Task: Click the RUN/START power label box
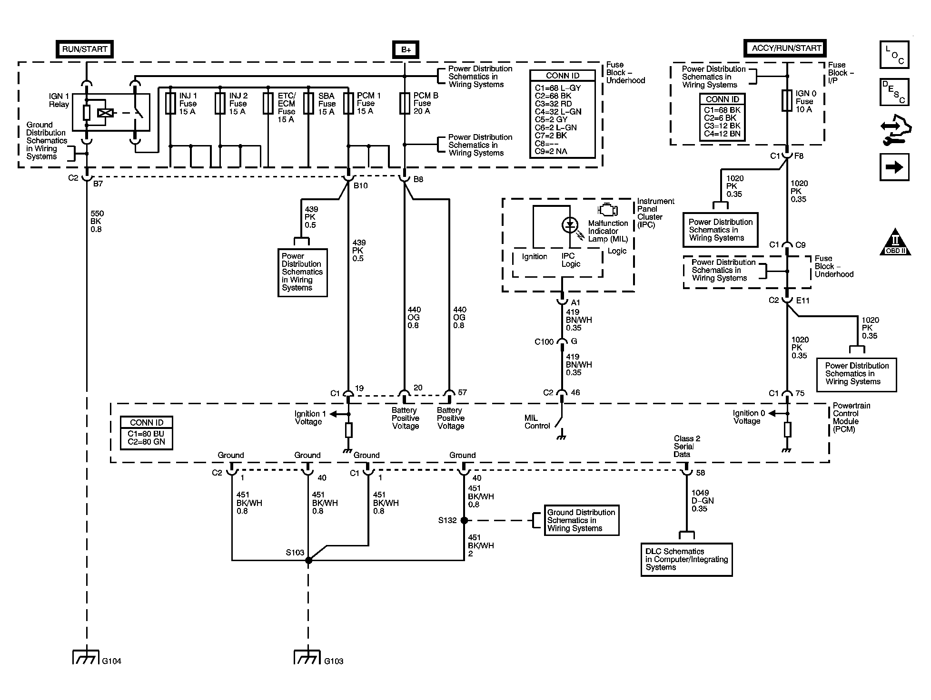click(x=85, y=49)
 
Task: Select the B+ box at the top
click(x=406, y=49)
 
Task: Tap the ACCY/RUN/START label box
click(x=785, y=48)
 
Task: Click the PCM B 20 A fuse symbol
click(x=405, y=103)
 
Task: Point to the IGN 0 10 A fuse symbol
click(x=787, y=101)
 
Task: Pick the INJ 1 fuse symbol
click(x=170, y=103)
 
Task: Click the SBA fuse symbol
click(x=309, y=103)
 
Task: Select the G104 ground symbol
click(x=86, y=657)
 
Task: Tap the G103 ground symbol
click(x=308, y=657)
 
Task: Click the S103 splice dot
click(x=308, y=561)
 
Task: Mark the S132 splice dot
click(x=464, y=520)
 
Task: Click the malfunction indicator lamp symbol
click(x=570, y=224)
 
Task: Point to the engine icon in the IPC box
click(x=608, y=210)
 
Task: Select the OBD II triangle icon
click(x=895, y=242)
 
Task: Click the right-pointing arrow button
click(x=894, y=167)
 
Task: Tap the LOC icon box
click(x=894, y=55)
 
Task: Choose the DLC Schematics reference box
click(x=686, y=560)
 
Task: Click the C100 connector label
click(x=544, y=342)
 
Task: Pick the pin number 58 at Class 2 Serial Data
click(x=701, y=473)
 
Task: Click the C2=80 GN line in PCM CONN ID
click(x=147, y=442)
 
